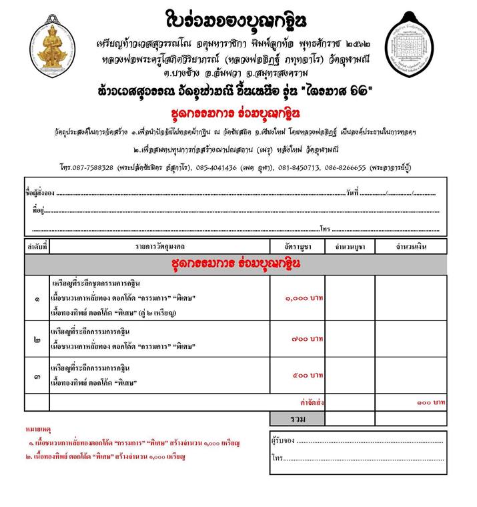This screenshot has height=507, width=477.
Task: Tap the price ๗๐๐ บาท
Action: pyautogui.click(x=308, y=340)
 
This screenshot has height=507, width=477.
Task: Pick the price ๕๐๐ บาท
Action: pyautogui.click(x=308, y=376)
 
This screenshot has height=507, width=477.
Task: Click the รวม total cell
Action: pyautogui.click(x=298, y=419)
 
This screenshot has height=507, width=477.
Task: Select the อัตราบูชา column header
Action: pyautogui.click(x=298, y=247)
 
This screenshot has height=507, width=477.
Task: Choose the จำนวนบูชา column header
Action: pyautogui.click(x=350, y=247)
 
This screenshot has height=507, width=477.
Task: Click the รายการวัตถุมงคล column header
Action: pyautogui.click(x=159, y=247)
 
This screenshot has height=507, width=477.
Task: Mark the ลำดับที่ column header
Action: pyautogui.click(x=37, y=247)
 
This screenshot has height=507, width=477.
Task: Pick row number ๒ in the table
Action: pyautogui.click(x=37, y=340)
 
